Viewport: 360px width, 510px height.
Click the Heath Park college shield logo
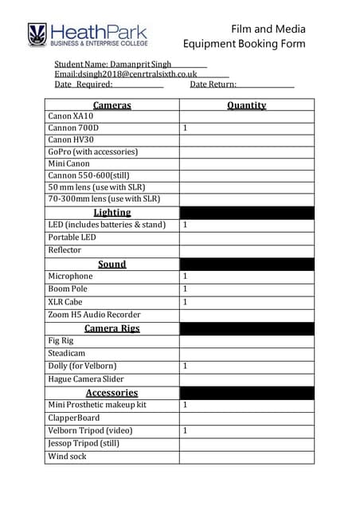pyautogui.click(x=37, y=34)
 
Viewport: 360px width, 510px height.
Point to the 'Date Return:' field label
pyautogui.click(x=213, y=84)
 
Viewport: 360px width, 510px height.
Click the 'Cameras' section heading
pyautogui.click(x=112, y=105)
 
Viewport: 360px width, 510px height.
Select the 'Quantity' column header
pyautogui.click(x=246, y=105)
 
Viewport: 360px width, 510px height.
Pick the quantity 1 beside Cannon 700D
pyautogui.click(x=186, y=127)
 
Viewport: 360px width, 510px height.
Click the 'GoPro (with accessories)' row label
pyautogui.click(x=92, y=151)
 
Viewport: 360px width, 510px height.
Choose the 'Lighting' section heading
pyautogui.click(x=112, y=213)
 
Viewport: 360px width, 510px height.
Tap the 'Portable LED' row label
pyautogui.click(x=72, y=237)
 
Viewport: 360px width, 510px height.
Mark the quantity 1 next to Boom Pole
pyautogui.click(x=186, y=289)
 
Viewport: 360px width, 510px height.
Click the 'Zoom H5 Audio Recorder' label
pyautogui.click(x=94, y=315)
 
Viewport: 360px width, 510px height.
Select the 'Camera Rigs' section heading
pyautogui.click(x=112, y=328)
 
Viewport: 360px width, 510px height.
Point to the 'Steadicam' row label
pyautogui.click(x=67, y=353)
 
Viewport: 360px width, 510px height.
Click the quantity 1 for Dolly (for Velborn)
pyautogui.click(x=186, y=366)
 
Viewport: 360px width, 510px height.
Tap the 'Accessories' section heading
pyautogui.click(x=112, y=393)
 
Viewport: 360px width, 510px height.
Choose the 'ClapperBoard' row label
pyautogui.click(x=74, y=418)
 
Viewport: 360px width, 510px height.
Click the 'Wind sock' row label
pyautogui.click(x=68, y=457)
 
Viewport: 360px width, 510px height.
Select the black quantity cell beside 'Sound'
pyautogui.click(x=246, y=264)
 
